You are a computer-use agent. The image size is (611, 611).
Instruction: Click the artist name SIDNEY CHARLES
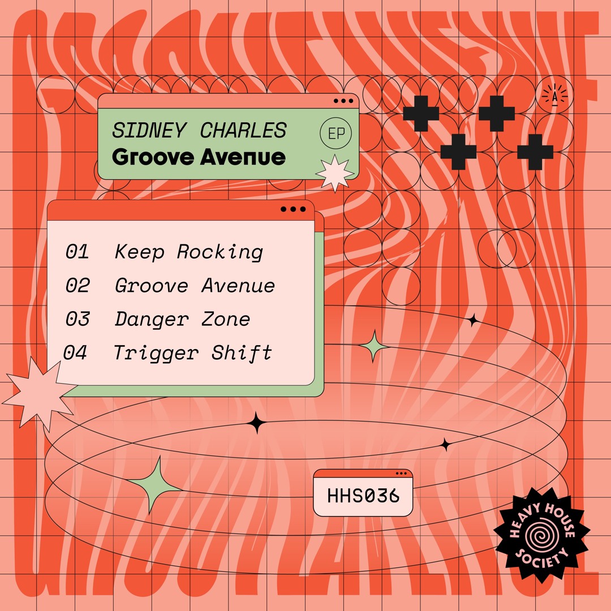[199, 130]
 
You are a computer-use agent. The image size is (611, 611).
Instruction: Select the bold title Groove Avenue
[199, 157]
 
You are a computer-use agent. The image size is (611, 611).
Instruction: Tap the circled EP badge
[335, 134]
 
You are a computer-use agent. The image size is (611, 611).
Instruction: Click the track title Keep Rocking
[188, 252]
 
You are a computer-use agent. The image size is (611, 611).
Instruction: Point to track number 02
[78, 286]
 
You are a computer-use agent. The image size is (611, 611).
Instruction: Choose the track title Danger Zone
[182, 319]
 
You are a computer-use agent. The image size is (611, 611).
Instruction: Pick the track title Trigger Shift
[192, 353]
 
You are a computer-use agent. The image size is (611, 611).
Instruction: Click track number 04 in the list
[75, 353]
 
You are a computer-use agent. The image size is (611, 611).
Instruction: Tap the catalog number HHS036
[363, 496]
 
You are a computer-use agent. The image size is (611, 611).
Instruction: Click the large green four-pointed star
[155, 485]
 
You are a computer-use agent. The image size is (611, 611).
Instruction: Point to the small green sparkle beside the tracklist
[373, 346]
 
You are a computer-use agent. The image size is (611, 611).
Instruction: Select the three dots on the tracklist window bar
[293, 209]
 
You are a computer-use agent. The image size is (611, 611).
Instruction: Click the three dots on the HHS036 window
[402, 474]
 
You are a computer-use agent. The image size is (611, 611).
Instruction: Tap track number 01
[77, 252]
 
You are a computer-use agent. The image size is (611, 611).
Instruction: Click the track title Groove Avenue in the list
[195, 286]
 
